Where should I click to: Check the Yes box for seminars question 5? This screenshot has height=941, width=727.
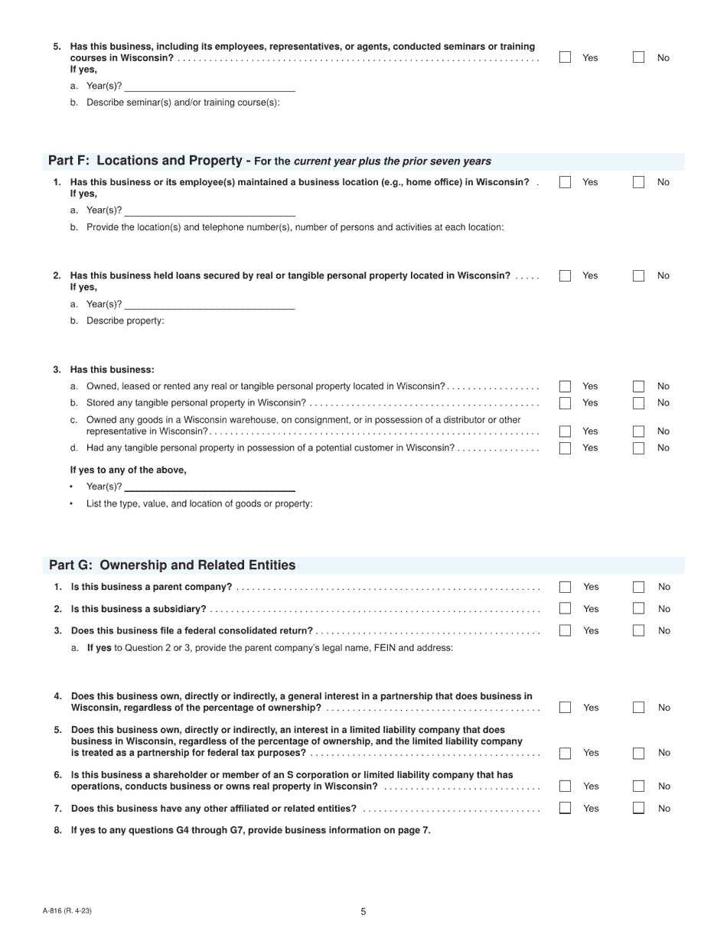tap(565, 57)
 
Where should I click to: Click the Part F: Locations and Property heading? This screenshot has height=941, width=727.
tap(149, 161)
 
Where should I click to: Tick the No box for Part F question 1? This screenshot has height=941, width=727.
tap(638, 182)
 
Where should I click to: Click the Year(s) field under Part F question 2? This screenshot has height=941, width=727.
tap(210, 304)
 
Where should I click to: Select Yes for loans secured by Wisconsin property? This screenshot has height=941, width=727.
tap(565, 275)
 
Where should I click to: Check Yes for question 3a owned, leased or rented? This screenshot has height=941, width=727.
tap(565, 386)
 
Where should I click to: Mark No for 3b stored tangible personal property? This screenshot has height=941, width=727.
tap(638, 402)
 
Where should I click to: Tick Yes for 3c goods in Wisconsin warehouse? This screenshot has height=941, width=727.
tap(565, 431)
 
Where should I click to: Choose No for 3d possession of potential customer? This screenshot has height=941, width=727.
tap(638, 448)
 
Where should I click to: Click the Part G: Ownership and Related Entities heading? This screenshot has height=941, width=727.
tap(172, 565)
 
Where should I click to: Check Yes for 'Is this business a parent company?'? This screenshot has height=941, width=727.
tap(565, 587)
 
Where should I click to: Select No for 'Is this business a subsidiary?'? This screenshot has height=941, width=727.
tap(638, 609)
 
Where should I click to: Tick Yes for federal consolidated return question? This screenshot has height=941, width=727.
tap(565, 630)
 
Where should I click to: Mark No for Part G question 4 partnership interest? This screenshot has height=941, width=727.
tap(638, 708)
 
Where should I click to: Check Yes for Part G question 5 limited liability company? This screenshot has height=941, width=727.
tap(565, 753)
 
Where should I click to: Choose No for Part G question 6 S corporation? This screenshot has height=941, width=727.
tap(638, 786)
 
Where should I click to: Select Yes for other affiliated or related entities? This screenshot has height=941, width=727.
tap(565, 808)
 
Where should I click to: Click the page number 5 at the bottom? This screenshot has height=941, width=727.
tap(363, 911)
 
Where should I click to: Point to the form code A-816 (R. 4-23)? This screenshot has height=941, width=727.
tap(68, 910)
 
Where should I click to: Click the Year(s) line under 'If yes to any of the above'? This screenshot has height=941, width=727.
tap(210, 487)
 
